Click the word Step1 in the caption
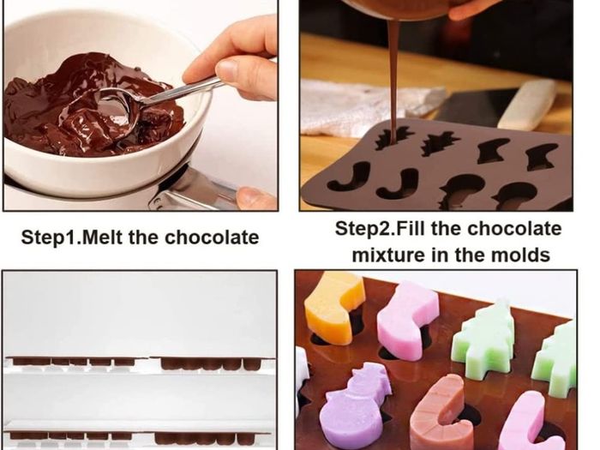[50, 238]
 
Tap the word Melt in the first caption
[103, 237]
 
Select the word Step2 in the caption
[364, 229]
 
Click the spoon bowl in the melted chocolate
[117, 111]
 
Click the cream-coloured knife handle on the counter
[527, 105]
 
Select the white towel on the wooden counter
[368, 105]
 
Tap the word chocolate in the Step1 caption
[212, 237]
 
